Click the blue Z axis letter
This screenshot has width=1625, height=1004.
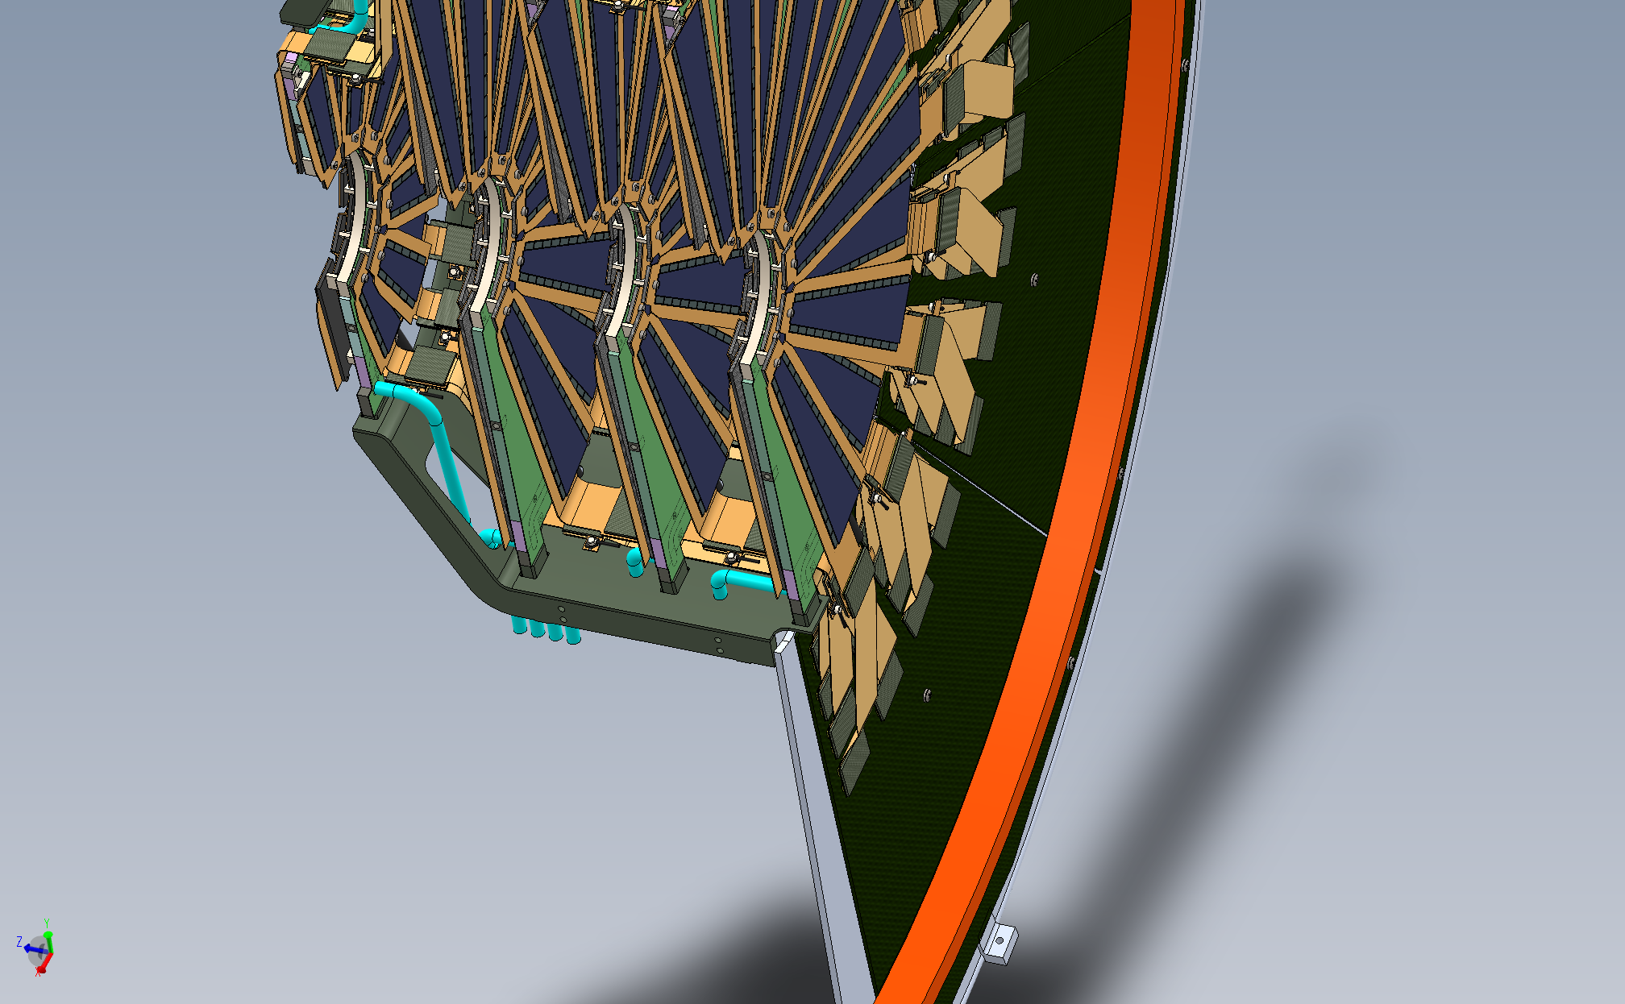point(19,941)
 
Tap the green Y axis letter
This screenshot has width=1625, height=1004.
point(48,923)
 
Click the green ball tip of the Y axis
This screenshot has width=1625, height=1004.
point(48,935)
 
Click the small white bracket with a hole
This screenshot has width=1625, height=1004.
point(998,942)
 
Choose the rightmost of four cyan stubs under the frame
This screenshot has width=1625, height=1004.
point(572,634)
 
